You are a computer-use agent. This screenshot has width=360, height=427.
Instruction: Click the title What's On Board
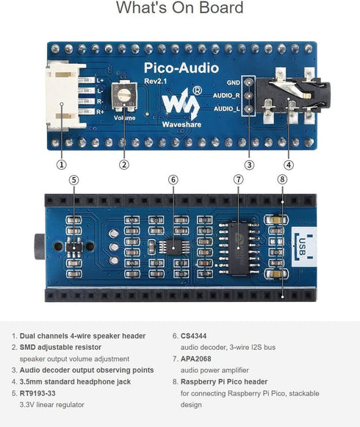pyautogui.click(x=180, y=9)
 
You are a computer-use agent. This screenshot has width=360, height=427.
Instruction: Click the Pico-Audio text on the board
pyautogui.click(x=181, y=68)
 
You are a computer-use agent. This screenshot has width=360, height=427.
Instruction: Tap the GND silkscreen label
pyautogui.click(x=234, y=83)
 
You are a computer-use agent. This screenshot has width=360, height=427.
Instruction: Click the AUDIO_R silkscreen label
pyautogui.click(x=226, y=96)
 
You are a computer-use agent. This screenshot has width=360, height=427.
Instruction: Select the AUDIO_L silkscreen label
pyautogui.click(x=226, y=108)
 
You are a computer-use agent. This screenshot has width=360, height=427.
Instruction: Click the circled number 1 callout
pyautogui.click(x=62, y=165)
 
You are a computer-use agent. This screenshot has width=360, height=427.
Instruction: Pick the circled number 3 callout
pyautogui.click(x=250, y=165)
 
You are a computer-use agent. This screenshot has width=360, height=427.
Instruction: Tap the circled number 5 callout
pyautogui.click(x=73, y=179)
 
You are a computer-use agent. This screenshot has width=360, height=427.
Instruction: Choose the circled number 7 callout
pyautogui.click(x=238, y=179)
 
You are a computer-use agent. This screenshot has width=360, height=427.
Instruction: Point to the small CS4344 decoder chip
pyautogui.click(x=173, y=246)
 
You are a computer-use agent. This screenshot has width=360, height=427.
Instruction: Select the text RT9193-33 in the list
pyautogui.click(x=41, y=393)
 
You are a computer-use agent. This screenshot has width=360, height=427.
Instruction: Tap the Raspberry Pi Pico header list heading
pyautogui.click(x=227, y=381)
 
